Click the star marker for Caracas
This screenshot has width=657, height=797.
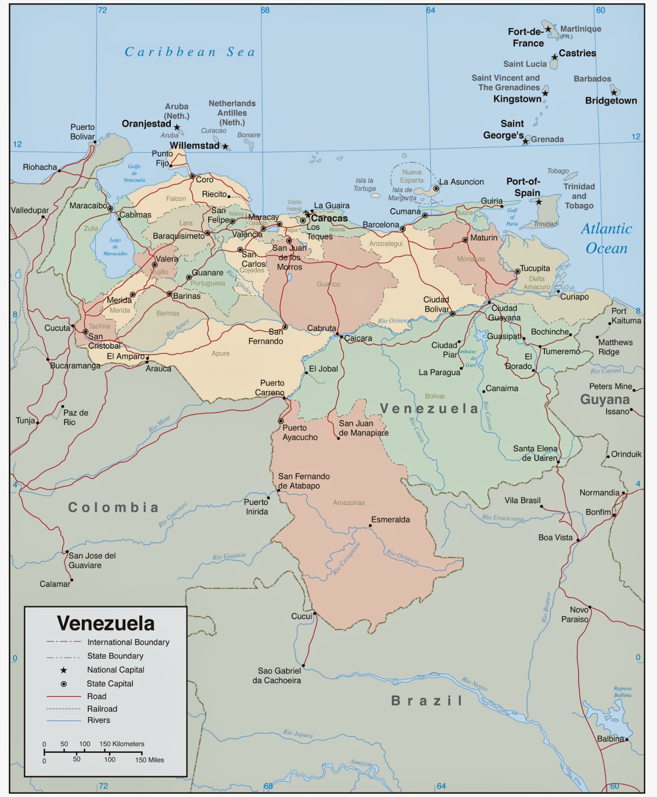click(307, 214)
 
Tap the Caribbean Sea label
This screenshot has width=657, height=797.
click(190, 52)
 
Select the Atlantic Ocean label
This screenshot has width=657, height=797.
click(606, 238)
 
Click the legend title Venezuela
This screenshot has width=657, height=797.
click(106, 623)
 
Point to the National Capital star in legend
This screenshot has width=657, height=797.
click(63, 670)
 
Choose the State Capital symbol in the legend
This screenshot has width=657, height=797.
click(63, 684)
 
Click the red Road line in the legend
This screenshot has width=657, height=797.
click(63, 696)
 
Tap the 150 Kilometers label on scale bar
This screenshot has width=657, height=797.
click(122, 744)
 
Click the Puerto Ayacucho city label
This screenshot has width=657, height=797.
click(300, 432)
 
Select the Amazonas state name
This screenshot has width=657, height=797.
click(349, 503)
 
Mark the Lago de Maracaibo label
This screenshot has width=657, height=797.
click(115, 247)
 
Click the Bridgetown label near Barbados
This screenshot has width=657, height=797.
click(611, 101)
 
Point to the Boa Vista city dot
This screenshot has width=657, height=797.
click(578, 539)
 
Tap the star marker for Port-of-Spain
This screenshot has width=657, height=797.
click(538, 202)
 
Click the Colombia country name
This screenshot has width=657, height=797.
click(114, 507)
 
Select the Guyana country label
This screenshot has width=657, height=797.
click(604, 399)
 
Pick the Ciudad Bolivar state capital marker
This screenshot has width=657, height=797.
click(452, 314)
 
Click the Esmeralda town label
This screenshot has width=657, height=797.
click(390, 520)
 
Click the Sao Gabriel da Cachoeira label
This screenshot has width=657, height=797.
click(277, 675)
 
